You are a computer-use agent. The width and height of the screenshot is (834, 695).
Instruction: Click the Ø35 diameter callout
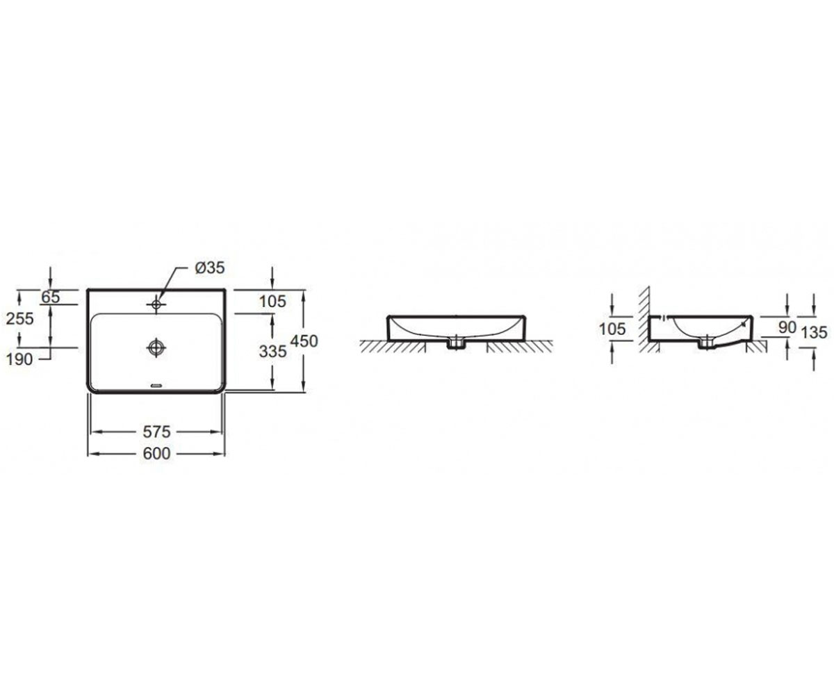210,268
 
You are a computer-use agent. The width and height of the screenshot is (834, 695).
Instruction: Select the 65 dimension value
51,297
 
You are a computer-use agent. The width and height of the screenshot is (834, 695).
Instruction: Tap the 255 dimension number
20,319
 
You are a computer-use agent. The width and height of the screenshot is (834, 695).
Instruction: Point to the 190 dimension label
19,359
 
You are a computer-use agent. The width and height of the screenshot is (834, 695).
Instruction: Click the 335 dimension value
273,352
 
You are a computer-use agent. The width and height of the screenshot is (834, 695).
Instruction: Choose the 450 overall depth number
304,341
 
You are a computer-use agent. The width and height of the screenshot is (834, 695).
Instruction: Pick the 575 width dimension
156,432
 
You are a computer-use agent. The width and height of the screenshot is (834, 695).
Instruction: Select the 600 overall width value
156,454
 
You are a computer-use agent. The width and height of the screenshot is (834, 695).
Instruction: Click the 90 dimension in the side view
787,327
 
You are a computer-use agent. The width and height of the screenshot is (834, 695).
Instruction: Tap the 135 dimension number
814,332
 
